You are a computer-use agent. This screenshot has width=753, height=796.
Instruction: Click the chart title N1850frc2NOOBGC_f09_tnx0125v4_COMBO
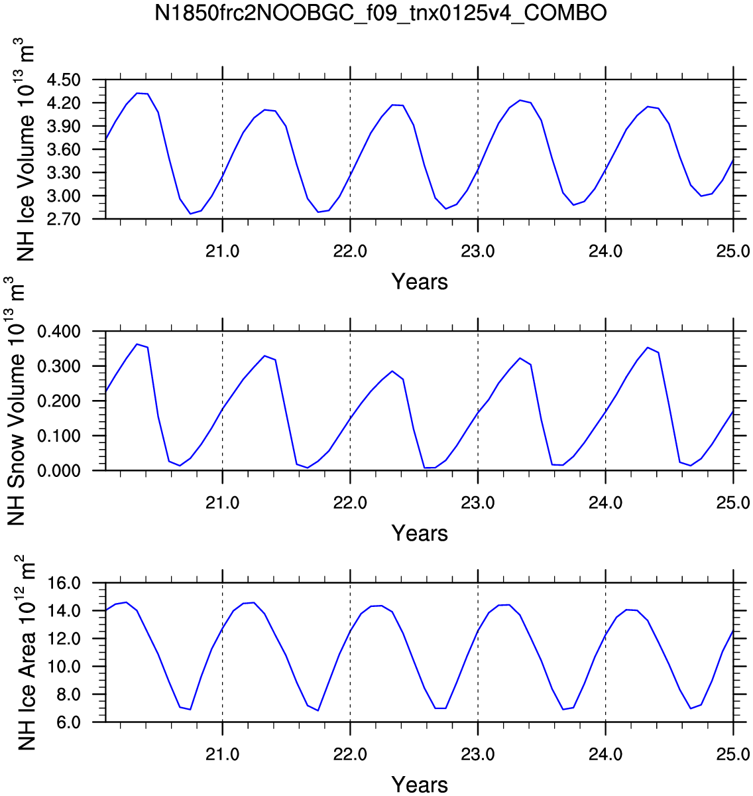pos(380,14)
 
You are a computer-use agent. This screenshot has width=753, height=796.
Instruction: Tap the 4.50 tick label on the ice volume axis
pos(64,80)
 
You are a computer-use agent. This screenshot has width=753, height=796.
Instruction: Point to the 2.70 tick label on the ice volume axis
pos(64,219)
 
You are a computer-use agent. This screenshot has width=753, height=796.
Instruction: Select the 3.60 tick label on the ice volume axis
pos(64,150)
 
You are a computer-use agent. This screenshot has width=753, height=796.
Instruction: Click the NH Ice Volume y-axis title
pos(25,149)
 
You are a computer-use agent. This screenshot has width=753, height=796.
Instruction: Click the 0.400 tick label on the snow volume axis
pos(59,332)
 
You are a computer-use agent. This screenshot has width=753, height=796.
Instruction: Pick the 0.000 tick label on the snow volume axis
pos(59,470)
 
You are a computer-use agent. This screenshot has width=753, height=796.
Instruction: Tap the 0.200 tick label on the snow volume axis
pos(59,401)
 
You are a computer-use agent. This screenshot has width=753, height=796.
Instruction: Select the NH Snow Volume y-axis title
pos(15,401)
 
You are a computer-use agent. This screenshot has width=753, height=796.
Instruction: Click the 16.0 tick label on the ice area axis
pos(64,584)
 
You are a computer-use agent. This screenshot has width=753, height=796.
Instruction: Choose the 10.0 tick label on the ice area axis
pos(64,667)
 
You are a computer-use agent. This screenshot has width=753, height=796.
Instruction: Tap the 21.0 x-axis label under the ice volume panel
pos(222,252)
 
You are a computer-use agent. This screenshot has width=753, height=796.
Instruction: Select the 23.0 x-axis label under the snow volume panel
pos(478,503)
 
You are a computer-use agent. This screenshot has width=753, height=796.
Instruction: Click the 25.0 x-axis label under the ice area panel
pos(732,755)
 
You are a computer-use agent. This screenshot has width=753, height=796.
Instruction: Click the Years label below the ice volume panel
pos(420,281)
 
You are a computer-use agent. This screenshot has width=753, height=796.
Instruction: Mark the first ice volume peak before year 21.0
pos(138,93)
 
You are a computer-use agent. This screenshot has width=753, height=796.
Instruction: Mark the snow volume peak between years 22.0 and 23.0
pos(392,371)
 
